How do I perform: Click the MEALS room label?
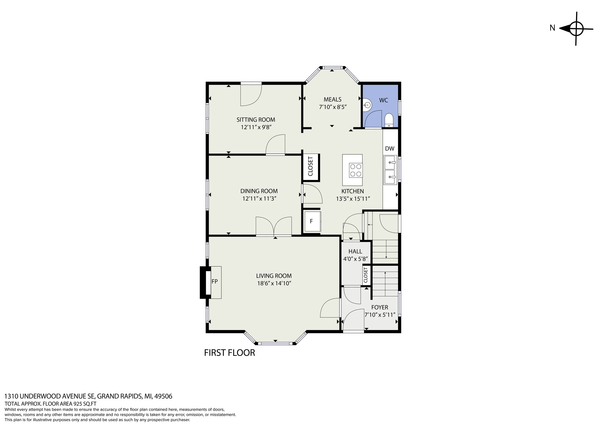tap(332, 100)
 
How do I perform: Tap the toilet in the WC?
tap(389, 120)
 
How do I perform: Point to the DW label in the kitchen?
tap(389, 148)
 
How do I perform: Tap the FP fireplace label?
tap(215, 281)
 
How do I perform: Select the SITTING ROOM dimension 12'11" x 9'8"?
tap(256, 127)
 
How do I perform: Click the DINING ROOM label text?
tap(259, 191)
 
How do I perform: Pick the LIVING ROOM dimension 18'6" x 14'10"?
tap(274, 283)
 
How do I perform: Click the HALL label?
tap(355, 251)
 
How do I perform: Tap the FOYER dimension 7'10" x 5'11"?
tap(380, 315)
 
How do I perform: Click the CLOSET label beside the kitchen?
tap(311, 166)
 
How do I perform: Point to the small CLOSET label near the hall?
tap(366, 275)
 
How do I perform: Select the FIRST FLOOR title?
tap(230, 353)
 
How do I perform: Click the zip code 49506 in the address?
tap(163, 396)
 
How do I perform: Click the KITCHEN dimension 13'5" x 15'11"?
tap(353, 199)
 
